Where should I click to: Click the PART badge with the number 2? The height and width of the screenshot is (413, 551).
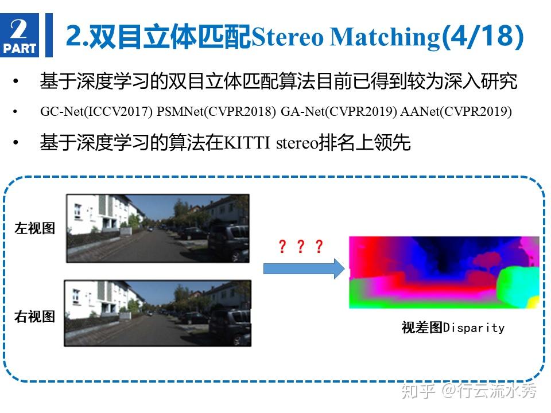click(20, 35)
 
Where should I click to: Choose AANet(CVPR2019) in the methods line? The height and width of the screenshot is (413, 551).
click(456, 112)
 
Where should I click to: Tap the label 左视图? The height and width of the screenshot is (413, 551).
click(34, 228)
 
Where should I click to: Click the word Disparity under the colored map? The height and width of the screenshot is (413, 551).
click(474, 328)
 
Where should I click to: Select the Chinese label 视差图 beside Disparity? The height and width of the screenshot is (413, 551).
click(422, 328)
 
